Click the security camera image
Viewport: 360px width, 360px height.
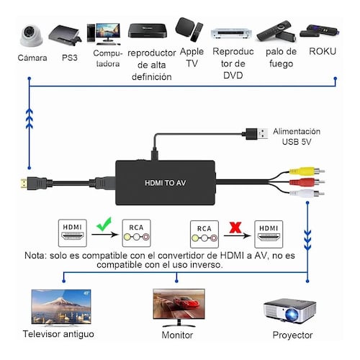pyautogui.click(x=32, y=31)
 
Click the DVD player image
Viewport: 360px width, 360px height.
pyautogui.click(x=229, y=33)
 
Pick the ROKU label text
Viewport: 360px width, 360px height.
pyautogui.click(x=322, y=52)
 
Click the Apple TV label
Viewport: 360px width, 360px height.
pyautogui.click(x=192, y=58)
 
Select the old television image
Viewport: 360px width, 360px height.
pyautogui.click(x=60, y=307)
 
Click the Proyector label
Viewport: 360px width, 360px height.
pyautogui.click(x=292, y=336)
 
